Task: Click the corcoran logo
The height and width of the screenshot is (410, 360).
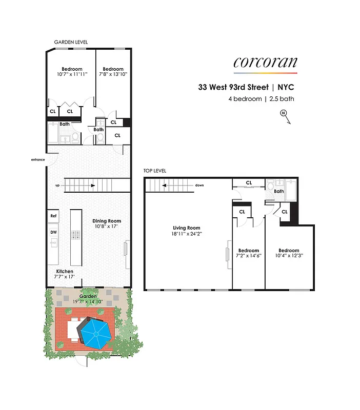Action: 265,63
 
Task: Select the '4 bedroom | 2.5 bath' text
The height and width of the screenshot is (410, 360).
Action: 261,99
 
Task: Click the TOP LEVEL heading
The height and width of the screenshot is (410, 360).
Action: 155,171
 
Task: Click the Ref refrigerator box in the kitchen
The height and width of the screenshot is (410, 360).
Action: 53,216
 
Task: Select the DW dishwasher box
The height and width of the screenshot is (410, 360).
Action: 53,232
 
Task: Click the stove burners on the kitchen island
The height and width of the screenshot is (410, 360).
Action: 75,235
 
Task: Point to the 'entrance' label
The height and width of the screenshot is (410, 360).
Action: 38,160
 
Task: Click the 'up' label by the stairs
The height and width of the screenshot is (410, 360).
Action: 58,185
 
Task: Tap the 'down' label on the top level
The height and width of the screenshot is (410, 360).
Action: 199,185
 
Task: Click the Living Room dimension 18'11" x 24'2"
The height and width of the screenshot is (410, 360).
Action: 186,234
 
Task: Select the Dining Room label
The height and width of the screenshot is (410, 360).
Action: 106,221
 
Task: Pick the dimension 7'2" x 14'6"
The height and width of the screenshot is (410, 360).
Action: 249,255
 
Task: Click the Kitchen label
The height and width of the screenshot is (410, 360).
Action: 65,271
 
